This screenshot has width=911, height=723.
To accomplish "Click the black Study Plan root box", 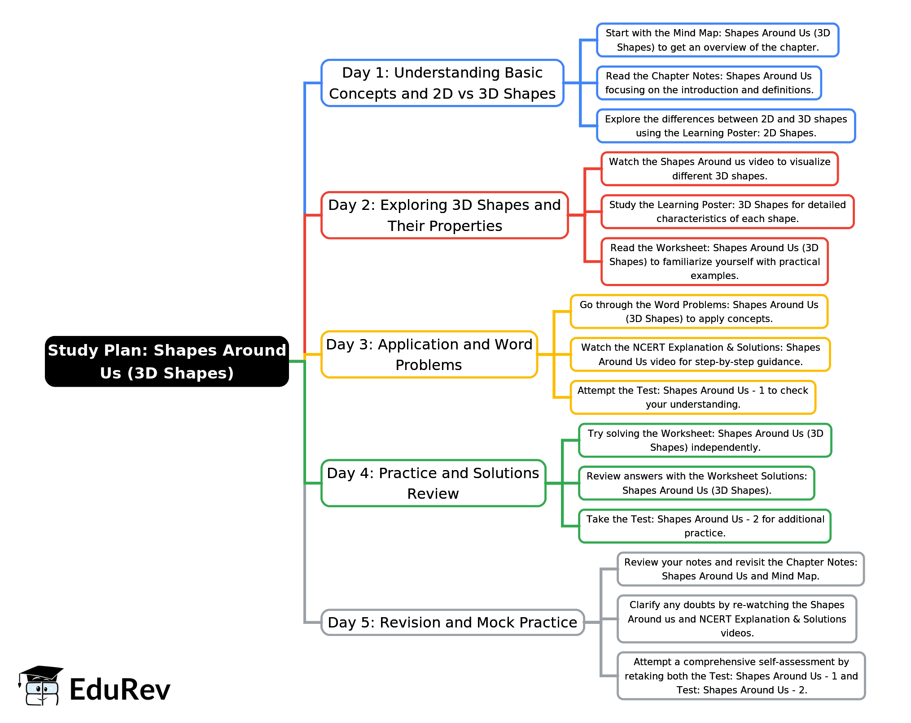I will pos(166,361).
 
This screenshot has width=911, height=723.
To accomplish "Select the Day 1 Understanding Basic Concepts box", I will pos(442,83).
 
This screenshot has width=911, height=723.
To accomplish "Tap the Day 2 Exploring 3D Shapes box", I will pos(444,215).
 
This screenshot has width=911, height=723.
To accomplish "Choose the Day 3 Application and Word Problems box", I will pos(429,354).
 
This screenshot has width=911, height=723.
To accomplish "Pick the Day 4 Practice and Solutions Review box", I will pos(433,483).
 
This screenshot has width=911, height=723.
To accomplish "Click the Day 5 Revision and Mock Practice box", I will pos(452,622).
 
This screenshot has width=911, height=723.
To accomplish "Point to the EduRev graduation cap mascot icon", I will pos(40,685).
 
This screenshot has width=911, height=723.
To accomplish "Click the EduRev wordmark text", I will pos(120,689).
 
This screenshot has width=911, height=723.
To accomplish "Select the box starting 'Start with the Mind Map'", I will pos(717,40).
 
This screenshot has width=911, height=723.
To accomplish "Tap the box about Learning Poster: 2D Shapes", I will pos(726,126).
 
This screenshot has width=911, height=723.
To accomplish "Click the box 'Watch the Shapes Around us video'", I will pos(719,169).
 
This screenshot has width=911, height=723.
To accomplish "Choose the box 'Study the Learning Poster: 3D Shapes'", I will pos(727,212).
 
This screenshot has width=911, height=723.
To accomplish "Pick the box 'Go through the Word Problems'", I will pos(699,312).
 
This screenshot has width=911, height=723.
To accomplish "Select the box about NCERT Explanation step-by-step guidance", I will pos(700,354).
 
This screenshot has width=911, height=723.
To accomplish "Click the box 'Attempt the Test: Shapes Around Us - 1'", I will pos(692,397).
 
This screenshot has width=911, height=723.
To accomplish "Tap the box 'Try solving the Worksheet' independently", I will pos(705,440).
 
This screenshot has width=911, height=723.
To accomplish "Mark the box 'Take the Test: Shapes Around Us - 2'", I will pos(705,526).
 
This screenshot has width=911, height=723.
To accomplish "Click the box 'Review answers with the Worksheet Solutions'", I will pos(696,483).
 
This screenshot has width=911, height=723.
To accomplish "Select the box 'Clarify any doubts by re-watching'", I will pos(736,619).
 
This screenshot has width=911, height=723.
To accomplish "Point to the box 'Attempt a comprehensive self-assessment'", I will pos(741,676).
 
